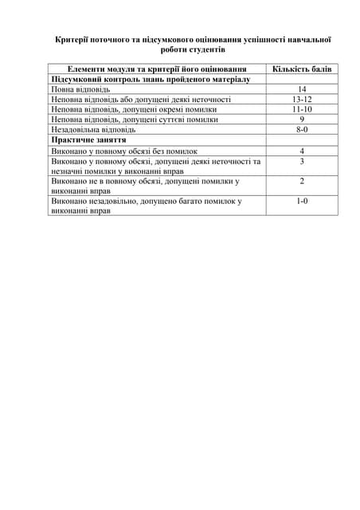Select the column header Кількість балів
pos(302,69)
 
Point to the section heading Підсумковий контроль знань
pos(151,80)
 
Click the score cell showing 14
pos(302,89)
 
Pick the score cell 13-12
pos(302,99)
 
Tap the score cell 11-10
pos(302,108)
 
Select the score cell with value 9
pos(302,119)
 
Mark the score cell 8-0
pos(302,128)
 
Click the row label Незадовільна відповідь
pos(93,128)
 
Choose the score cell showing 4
pos(302,151)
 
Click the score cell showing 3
pos(302,161)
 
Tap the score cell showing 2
pos(302,181)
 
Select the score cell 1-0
pos(302,201)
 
